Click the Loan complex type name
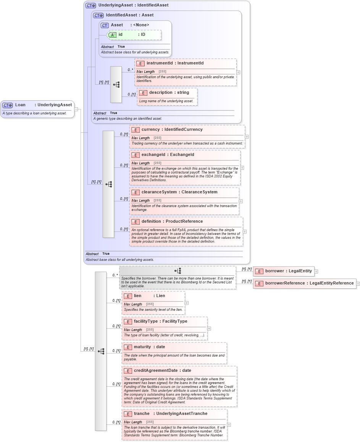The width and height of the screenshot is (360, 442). (20, 105)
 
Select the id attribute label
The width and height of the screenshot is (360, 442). (121, 35)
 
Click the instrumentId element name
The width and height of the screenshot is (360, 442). (160, 63)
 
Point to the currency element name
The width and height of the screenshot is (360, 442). (150, 130)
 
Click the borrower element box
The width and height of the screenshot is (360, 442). (283, 271)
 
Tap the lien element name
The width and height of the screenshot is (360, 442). (137, 296)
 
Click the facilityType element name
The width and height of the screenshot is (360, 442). (145, 321)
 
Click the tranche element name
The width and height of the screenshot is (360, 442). (142, 414)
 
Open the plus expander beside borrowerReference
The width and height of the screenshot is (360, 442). (358, 283)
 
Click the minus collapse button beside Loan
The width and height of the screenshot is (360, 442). (76, 109)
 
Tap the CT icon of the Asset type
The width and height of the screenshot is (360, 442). (105, 25)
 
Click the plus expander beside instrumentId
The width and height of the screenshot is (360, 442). (238, 72)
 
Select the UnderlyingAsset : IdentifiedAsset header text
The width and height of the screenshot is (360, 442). (133, 5)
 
